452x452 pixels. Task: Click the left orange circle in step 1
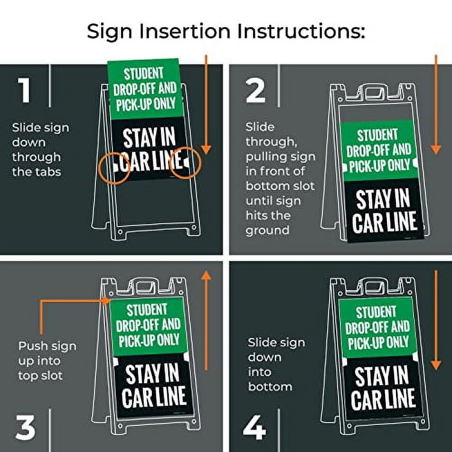pyautogui.click(x=113, y=167)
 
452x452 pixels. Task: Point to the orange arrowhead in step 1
pyautogui.click(x=206, y=149)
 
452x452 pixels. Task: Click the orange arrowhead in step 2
pyautogui.click(x=436, y=149)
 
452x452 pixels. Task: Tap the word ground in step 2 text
pyautogui.click(x=267, y=230)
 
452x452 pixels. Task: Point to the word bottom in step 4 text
pyautogui.click(x=270, y=386)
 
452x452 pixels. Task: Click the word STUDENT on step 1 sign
pyautogui.click(x=144, y=74)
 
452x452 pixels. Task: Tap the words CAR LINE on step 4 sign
pyautogui.click(x=383, y=400)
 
